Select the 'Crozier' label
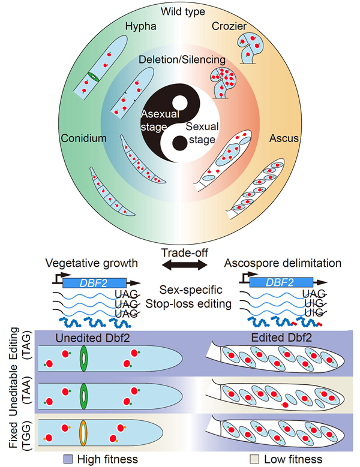pyautogui.click(x=229, y=28)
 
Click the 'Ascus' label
pyautogui.click(x=279, y=138)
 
